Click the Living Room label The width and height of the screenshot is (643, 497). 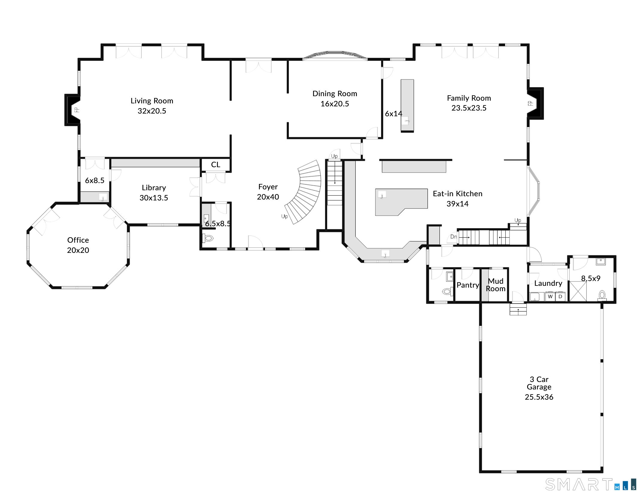pos(152,101)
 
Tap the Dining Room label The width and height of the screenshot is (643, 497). pos(335,93)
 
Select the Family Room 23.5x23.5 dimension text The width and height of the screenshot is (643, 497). pos(469,108)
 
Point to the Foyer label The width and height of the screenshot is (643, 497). pos(268,187)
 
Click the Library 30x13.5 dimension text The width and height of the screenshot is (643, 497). pos(154,198)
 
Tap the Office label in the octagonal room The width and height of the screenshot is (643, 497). pos(78,240)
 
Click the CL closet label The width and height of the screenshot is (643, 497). pos(216,164)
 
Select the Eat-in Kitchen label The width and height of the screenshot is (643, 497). pos(457,194)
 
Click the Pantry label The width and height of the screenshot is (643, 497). pos(468,285)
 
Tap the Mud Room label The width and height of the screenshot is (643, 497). pos(496,285)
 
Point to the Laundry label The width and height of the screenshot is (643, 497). pos(548,283)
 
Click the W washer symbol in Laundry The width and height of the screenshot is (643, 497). pos(550,297)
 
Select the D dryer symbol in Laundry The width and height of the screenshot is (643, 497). pos(560,297)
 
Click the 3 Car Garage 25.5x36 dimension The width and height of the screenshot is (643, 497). pos(539,397)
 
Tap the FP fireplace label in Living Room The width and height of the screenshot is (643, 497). pos(77,110)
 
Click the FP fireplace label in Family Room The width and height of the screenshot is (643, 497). pos(530,104)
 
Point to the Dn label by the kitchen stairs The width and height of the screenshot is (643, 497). pos(454,237)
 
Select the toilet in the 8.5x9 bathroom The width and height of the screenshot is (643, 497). pos(602,295)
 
